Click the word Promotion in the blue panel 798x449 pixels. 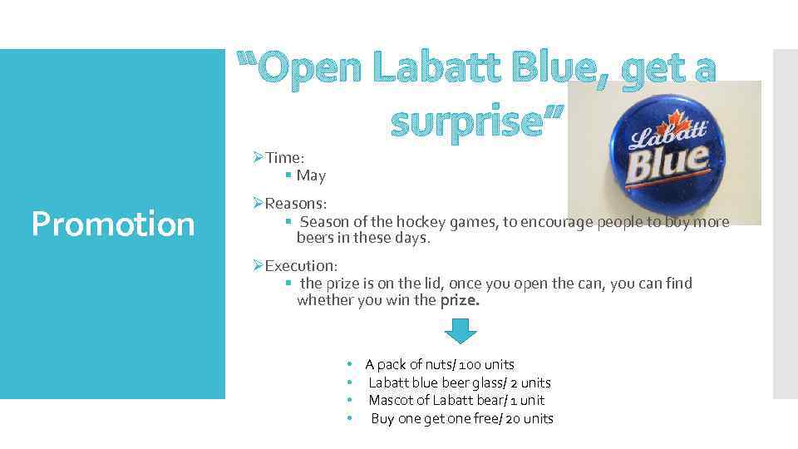[x=112, y=224]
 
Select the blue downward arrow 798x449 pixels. [x=461, y=331]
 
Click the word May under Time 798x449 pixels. [x=311, y=175]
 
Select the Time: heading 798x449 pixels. [x=284, y=158]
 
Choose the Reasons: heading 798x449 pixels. [x=295, y=204]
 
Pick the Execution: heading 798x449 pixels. [x=301, y=266]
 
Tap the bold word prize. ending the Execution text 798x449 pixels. [x=460, y=300]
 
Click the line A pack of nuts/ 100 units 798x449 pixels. [x=440, y=364]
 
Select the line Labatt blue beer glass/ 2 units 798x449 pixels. [x=459, y=382]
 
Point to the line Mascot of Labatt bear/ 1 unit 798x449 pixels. [x=456, y=400]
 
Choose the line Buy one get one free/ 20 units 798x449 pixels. [x=461, y=418]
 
